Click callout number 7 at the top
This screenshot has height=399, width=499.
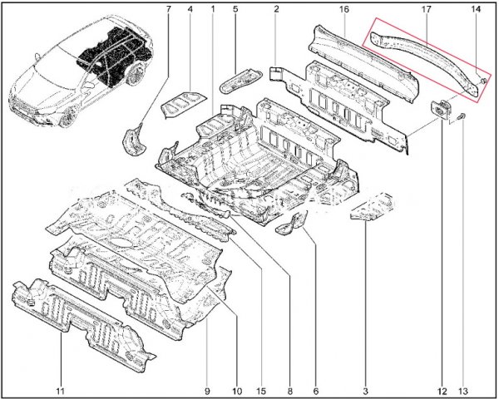tap(168, 9)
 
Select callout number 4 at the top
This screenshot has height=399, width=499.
tap(190, 9)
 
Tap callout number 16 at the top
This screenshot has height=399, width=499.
tap(344, 9)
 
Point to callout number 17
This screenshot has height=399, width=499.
tap(426, 9)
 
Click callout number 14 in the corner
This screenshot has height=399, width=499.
tap(476, 9)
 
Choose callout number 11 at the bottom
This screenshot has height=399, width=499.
tap(60, 391)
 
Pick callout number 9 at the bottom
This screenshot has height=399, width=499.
tap(207, 391)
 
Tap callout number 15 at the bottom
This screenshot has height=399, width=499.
tap(261, 391)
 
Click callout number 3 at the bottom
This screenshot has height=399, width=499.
tap(365, 391)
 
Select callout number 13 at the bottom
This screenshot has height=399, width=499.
tap(462, 391)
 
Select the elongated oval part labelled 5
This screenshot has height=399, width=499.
tap(240, 81)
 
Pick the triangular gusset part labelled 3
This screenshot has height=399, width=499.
tap(373, 208)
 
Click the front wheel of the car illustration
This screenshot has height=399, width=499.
tap(68, 116)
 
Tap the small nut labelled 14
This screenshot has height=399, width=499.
tap(483, 81)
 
